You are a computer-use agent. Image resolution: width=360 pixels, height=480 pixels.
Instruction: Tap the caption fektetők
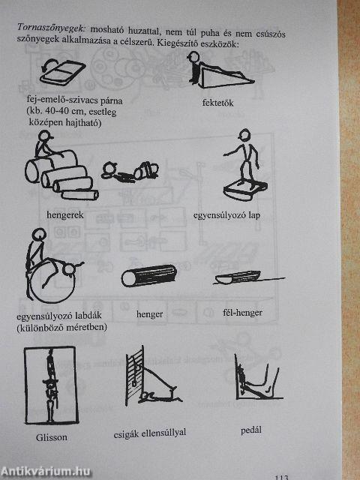pyautogui.click(x=218, y=103)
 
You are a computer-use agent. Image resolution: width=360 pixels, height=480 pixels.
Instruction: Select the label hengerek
pyautogui.click(x=65, y=215)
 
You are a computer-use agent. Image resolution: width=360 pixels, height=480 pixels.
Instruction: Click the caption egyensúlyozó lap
pyautogui.click(x=226, y=215)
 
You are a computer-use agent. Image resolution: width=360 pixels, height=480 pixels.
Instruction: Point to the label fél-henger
pyautogui.click(x=242, y=313)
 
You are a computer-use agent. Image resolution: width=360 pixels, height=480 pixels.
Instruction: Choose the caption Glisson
pyautogui.click(x=52, y=437)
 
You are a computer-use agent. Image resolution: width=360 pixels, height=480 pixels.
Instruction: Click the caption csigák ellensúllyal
pyautogui.click(x=150, y=433)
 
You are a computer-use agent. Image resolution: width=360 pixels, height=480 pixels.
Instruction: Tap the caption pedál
pyautogui.click(x=251, y=430)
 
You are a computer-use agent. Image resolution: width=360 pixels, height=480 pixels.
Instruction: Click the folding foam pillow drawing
pyautogui.click(x=62, y=72)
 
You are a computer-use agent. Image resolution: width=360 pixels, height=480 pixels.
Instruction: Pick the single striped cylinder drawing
pyautogui.click(x=149, y=275)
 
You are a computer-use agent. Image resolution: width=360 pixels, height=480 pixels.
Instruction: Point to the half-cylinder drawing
pyautogui.click(x=238, y=277)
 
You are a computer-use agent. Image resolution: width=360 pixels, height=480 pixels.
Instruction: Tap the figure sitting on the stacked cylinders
pyautogui.click(x=44, y=144)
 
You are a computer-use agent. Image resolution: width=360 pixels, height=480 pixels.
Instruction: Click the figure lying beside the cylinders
pyautogui.click(x=130, y=172)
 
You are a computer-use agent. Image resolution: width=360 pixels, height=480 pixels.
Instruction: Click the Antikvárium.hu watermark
pyautogui.click(x=46, y=472)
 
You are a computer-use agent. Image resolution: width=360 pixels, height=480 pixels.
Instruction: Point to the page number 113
pyautogui.click(x=282, y=477)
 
